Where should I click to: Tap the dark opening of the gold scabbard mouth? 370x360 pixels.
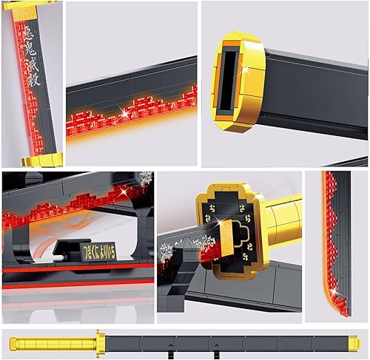[231, 78]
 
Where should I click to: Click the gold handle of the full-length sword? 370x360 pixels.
[53, 342]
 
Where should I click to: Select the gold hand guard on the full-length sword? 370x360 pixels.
[99, 342]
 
